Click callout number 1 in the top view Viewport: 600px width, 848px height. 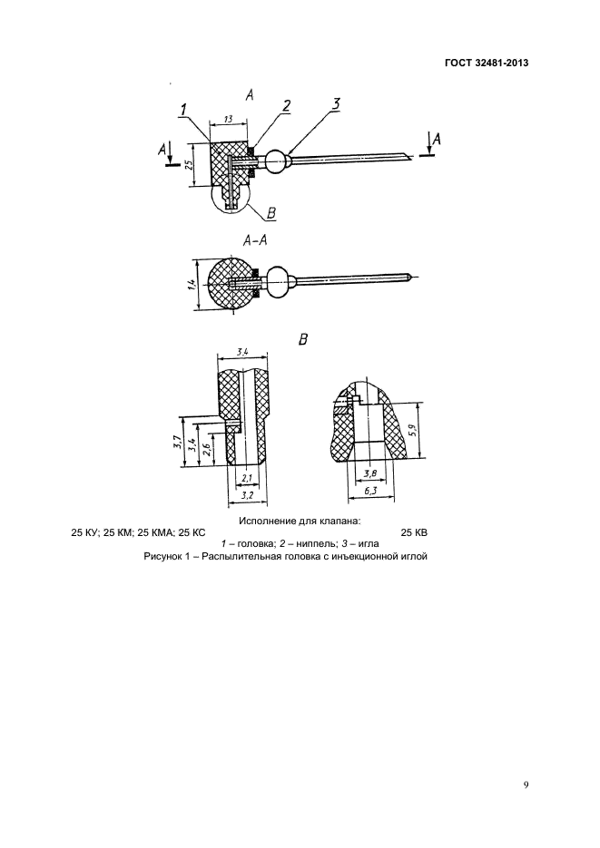183,110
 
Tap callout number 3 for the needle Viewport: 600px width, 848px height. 335,104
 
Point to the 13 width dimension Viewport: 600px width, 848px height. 227,118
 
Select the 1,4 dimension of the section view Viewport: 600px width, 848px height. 192,284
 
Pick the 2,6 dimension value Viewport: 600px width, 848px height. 208,450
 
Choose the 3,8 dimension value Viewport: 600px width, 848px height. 369,473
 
